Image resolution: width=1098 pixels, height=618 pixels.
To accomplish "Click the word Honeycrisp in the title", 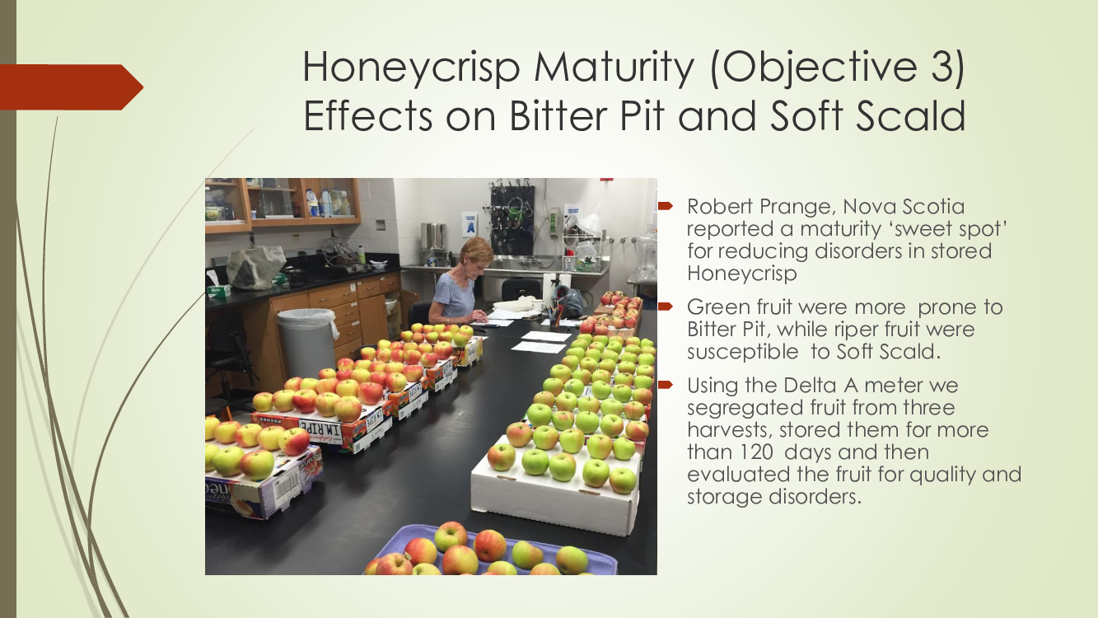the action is [411, 68].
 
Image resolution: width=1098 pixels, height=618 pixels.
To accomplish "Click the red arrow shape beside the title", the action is [72, 87].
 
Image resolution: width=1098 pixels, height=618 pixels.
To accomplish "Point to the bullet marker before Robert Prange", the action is [666, 206].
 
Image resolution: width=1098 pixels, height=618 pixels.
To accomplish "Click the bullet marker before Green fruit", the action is [666, 307].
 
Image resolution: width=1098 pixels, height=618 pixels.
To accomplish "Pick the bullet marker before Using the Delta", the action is [666, 385].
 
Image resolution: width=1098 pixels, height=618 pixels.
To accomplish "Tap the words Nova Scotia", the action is [904, 207].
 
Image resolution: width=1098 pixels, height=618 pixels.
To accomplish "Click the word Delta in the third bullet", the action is [810, 385].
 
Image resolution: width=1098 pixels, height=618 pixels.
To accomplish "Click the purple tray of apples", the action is [490, 550].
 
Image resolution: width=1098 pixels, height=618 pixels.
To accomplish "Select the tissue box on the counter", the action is [218, 290].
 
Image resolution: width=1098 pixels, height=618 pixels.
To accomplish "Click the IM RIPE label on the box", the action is [320, 427].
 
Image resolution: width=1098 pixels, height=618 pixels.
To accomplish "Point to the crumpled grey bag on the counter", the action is [256, 266].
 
